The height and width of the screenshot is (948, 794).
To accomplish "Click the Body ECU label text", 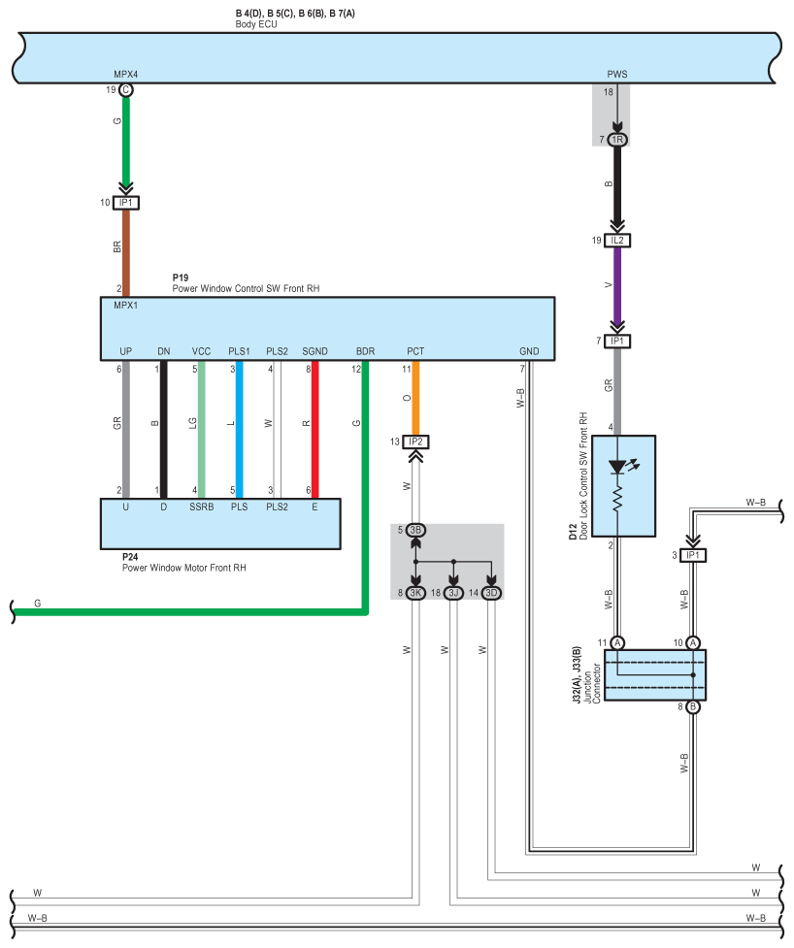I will (x=256, y=24).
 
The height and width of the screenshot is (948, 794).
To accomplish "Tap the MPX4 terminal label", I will (x=126, y=74).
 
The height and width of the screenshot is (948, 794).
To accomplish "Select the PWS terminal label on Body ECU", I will (x=617, y=74).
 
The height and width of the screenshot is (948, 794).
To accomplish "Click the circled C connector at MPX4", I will (x=125, y=90).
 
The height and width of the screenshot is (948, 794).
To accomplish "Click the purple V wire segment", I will (x=617, y=286).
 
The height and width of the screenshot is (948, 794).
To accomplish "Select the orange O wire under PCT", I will (x=415, y=398).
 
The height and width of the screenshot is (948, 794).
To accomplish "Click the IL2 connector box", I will (x=617, y=240).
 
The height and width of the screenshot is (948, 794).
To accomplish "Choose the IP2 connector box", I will (x=415, y=441).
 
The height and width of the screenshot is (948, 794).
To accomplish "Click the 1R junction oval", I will (x=617, y=141).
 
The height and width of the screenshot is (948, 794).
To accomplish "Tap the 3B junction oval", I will (x=415, y=530).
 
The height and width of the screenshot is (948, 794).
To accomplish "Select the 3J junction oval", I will (x=453, y=592).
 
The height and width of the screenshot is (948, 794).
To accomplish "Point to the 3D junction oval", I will (x=491, y=592).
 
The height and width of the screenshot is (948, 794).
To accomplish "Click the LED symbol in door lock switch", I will (x=617, y=467).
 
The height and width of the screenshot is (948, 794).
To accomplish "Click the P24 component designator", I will (x=130, y=558).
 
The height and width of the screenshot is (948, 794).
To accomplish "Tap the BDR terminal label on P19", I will (x=365, y=351).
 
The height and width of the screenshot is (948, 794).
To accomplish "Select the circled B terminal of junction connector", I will (x=693, y=707).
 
